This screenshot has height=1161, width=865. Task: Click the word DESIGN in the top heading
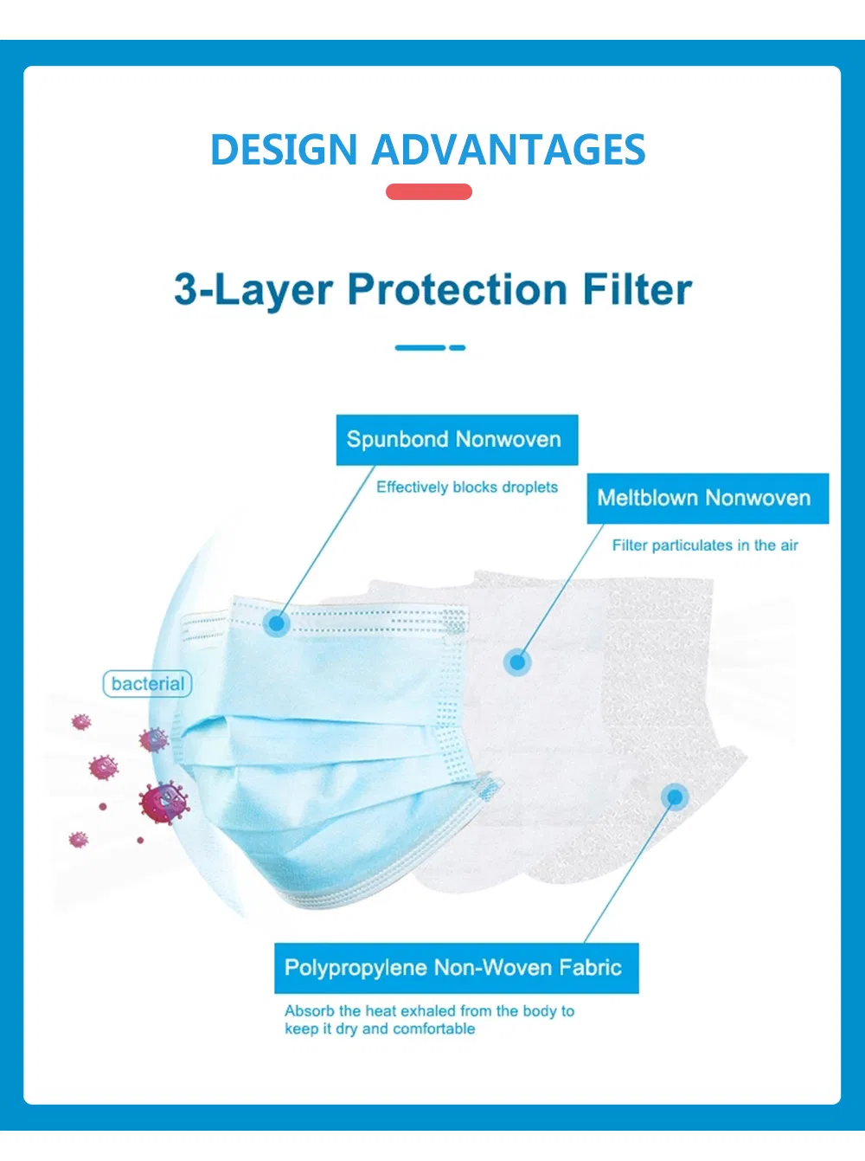(284, 150)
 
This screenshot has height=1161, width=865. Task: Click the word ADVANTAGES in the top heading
(509, 150)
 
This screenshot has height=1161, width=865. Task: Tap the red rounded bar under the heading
(429, 192)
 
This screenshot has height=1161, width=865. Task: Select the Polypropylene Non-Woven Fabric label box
(456, 968)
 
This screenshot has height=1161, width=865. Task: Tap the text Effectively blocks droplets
(467, 487)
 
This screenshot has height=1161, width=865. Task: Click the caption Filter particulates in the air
(705, 545)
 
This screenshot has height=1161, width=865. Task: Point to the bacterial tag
(147, 684)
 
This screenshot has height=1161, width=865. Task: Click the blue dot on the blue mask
(277, 622)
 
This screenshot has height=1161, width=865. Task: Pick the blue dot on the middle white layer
(517, 662)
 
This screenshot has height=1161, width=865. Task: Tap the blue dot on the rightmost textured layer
(675, 797)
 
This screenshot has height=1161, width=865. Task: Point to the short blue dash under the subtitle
(458, 347)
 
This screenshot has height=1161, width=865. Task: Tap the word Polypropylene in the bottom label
(355, 968)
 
